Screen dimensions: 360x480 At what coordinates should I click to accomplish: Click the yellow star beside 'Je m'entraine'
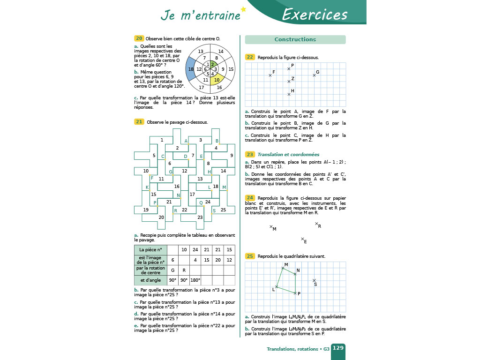click(x=243, y=9)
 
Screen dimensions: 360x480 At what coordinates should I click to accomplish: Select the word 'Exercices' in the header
click(x=315, y=15)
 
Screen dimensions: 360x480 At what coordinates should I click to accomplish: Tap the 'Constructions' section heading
click(x=295, y=39)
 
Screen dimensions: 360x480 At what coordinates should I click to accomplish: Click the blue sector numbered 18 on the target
click(x=190, y=69)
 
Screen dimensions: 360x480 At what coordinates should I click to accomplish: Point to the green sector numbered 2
click(x=213, y=64)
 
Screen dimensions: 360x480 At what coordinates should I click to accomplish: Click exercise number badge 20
click(x=139, y=38)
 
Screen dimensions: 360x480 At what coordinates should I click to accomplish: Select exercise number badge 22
click(x=250, y=57)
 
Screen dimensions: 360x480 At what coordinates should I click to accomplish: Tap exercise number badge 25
click(x=250, y=256)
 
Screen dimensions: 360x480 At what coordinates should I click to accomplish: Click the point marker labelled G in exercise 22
click(x=314, y=75)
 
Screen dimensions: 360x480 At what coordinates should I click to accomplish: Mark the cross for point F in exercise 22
click(x=270, y=75)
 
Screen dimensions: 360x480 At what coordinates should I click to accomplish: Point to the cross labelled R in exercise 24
click(x=316, y=224)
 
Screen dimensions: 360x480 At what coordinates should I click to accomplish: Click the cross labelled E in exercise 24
click(x=302, y=239)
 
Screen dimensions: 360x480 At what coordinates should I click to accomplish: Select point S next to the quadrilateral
click(x=314, y=280)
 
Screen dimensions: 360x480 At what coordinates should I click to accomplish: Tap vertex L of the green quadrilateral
click(x=277, y=286)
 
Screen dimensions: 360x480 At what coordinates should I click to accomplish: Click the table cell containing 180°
click(x=195, y=280)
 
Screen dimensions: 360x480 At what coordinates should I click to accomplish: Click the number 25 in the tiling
click(x=223, y=210)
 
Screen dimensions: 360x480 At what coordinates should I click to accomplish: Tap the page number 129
click(x=338, y=348)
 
